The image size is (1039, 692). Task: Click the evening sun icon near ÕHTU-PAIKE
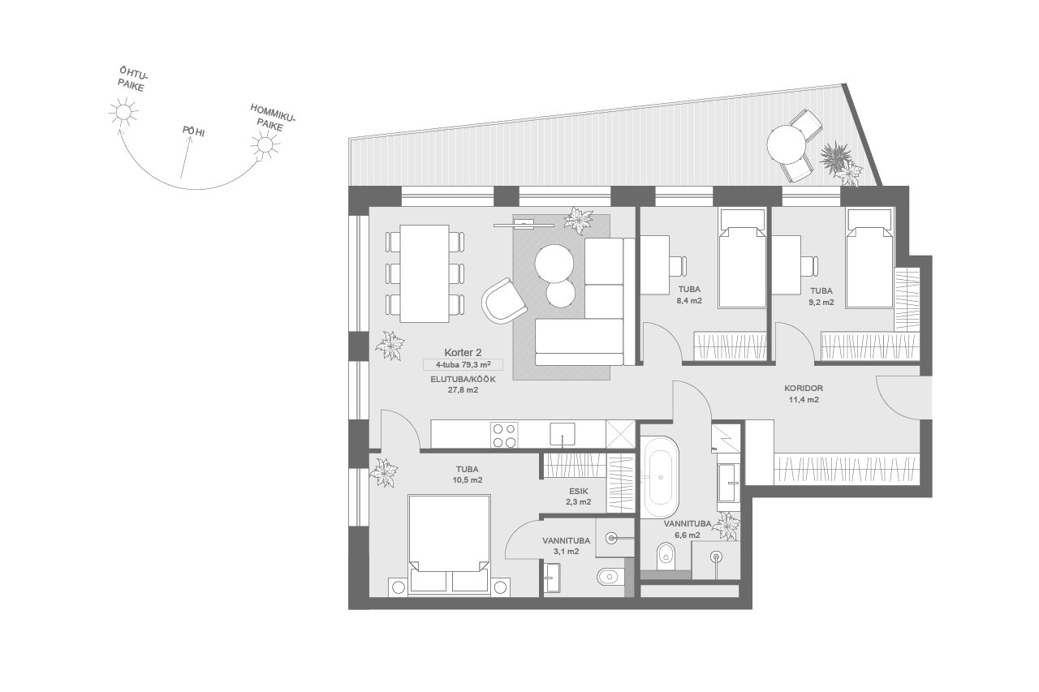(123, 112)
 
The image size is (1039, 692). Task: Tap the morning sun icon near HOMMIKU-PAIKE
(265, 145)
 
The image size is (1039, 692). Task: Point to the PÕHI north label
(193, 131)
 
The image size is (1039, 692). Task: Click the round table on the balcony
(786, 144)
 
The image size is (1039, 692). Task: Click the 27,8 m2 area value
(463, 390)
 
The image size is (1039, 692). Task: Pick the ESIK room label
(579, 492)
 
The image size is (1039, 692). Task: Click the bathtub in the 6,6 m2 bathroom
(660, 477)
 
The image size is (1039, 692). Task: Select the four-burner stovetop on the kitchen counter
(504, 435)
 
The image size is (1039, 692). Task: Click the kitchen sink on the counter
(563, 434)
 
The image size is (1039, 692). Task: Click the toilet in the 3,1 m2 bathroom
(609, 577)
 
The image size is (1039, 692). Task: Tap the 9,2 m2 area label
(821, 303)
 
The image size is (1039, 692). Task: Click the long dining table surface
(425, 273)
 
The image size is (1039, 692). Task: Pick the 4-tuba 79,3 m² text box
(463, 364)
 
